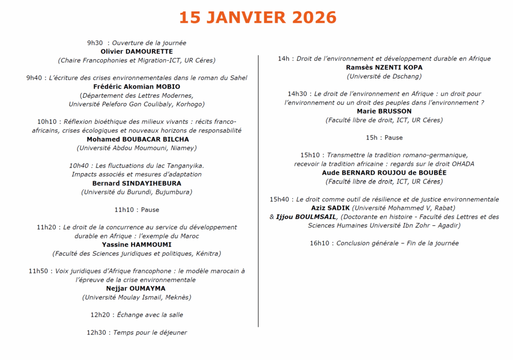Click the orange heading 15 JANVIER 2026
click(x=258, y=18)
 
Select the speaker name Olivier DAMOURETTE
click(x=137, y=52)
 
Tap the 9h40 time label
click(x=34, y=78)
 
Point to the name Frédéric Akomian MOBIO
click(x=137, y=87)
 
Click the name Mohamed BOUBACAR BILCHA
click(x=138, y=139)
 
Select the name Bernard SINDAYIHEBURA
click(x=137, y=183)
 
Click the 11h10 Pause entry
click(x=137, y=209)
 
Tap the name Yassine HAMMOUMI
click(x=136, y=244)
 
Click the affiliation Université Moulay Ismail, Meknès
click(x=137, y=297)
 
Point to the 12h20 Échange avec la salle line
click(x=137, y=315)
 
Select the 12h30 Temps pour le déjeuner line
click(x=137, y=332)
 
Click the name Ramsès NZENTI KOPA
click(x=384, y=68)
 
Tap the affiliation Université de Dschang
click(x=384, y=76)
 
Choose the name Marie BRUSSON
click(x=384, y=111)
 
